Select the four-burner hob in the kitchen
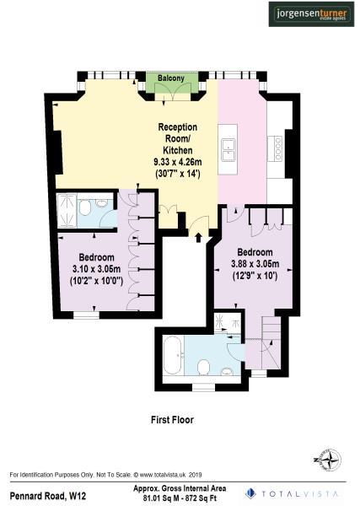277,148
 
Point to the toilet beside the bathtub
204,364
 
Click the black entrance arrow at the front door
199,238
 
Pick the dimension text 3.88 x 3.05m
254,263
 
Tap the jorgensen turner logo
309,13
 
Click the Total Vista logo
295,493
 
